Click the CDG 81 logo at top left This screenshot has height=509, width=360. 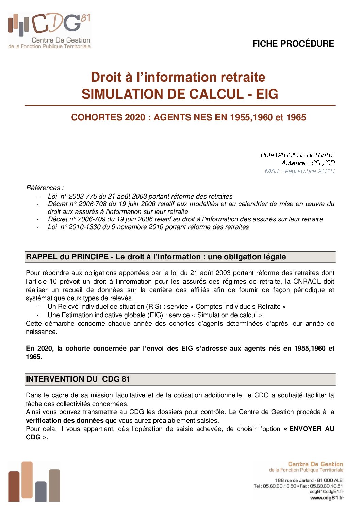point(49,31)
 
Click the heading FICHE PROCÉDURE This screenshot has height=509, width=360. point(293,44)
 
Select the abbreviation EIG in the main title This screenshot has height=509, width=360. point(267,94)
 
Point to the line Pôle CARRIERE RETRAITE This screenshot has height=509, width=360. point(297,155)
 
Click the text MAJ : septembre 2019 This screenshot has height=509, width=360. point(299,171)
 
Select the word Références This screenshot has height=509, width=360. point(43,188)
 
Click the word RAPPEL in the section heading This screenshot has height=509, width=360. point(42,257)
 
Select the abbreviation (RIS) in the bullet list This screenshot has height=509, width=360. point(154,306)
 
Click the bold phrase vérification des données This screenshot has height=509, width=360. point(65,420)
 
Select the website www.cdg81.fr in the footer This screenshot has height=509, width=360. point(326,498)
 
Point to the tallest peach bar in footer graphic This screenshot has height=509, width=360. point(27,481)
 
